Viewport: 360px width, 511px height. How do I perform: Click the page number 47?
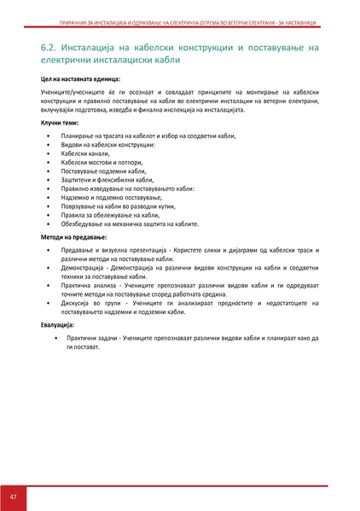13,497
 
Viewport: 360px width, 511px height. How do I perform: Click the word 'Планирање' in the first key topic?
79,136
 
